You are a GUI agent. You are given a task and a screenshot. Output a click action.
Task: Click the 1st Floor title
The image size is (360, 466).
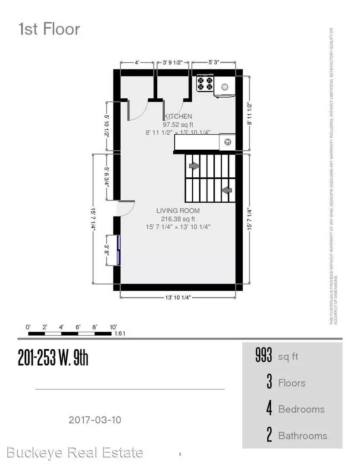[49, 29]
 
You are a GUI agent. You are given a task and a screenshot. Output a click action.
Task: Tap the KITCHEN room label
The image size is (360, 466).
[177, 116]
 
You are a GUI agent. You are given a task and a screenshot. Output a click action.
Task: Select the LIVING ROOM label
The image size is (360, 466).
[178, 211]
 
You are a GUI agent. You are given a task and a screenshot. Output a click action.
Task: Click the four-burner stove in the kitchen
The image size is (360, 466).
[205, 83]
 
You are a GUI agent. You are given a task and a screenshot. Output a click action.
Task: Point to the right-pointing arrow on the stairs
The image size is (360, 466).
[194, 166]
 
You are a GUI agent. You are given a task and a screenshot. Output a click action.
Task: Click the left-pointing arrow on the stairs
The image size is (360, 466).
[226, 190]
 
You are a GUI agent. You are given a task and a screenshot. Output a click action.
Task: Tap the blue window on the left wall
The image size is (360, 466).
[119, 250]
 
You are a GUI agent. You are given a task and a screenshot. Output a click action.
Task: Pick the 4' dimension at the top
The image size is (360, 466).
[137, 62]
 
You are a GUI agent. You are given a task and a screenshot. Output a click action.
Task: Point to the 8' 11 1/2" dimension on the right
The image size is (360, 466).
[249, 113]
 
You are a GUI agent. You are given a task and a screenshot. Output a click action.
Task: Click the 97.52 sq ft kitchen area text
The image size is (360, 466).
[178, 125]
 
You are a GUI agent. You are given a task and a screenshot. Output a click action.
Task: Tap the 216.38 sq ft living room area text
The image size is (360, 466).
[178, 219]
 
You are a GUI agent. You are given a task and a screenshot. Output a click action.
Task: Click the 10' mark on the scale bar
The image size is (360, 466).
[113, 327]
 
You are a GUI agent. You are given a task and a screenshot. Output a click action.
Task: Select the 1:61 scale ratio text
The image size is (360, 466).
[119, 334]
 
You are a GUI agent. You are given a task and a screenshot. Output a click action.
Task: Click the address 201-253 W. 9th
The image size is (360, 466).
[53, 358]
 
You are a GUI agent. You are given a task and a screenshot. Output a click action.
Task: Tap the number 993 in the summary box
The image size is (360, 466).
[264, 356]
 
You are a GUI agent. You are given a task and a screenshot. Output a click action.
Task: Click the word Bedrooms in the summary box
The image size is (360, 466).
[301, 409]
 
